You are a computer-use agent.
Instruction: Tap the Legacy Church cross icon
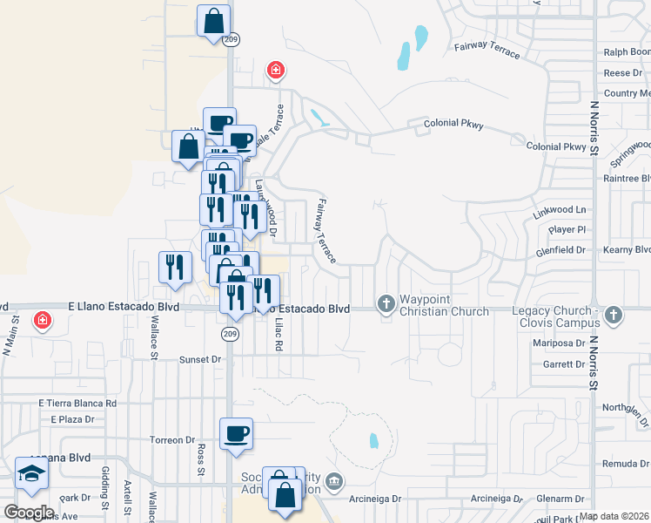point(614,315)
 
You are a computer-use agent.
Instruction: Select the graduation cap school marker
point(32,473)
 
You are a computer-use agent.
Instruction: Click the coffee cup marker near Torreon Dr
point(235,433)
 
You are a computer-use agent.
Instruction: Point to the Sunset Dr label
point(200,359)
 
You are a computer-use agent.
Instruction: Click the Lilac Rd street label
point(279,334)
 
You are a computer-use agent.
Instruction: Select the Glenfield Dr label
point(562,249)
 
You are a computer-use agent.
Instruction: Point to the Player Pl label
point(567,229)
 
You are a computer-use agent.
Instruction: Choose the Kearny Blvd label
point(627,249)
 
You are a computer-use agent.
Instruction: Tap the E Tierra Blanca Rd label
point(77,404)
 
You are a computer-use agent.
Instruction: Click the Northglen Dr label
point(626,407)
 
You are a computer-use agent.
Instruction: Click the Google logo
point(29,513)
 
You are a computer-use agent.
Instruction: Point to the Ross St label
point(200,454)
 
